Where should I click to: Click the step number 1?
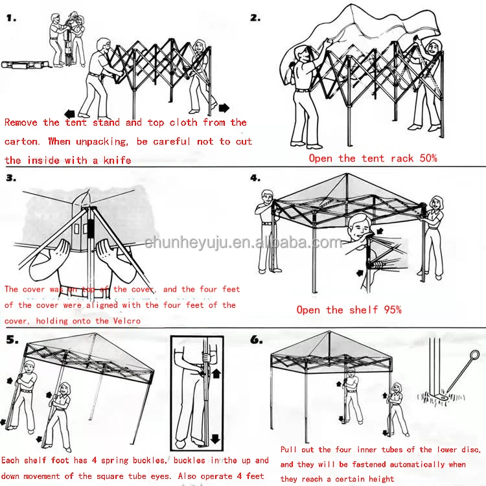11,19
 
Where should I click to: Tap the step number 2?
255,17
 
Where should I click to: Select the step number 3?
11,178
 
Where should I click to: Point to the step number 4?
255,177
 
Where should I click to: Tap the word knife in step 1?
117,160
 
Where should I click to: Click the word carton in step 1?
21,141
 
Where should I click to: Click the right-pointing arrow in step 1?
224,107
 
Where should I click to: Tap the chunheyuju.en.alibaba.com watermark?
243,243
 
